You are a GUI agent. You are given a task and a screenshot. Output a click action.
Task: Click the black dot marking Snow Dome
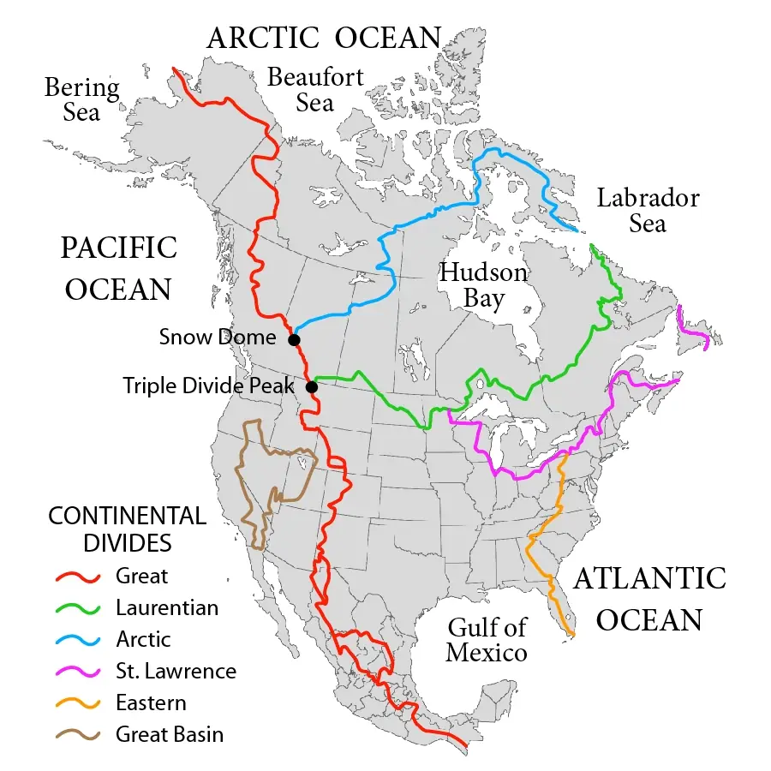coord(294,340)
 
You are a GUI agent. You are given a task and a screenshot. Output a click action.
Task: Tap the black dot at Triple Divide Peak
coord(312,387)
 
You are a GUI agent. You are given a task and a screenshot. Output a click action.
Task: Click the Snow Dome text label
coord(218,338)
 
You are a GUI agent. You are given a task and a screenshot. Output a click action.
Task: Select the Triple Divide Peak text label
coord(208,385)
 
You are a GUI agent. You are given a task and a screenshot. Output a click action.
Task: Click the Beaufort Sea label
coord(315,89)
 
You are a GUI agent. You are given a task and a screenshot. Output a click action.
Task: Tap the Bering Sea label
coord(81,99)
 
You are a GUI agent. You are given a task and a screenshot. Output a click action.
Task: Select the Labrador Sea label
coord(648,211)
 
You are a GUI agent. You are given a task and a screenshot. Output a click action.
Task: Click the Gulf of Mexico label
coord(487,640)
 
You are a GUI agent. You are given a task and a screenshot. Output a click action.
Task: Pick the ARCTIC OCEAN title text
coord(324,38)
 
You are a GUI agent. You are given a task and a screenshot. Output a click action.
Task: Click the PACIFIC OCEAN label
coord(118,268)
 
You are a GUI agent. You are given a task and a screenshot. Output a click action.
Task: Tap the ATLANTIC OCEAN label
coord(648,598)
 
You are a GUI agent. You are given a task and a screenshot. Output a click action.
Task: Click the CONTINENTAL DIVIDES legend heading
coord(127,529)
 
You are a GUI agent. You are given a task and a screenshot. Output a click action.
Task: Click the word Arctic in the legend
coord(143,640)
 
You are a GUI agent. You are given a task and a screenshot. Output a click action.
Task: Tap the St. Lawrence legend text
coord(176,672)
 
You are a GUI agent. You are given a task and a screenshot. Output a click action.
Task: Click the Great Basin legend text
coord(170,734)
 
